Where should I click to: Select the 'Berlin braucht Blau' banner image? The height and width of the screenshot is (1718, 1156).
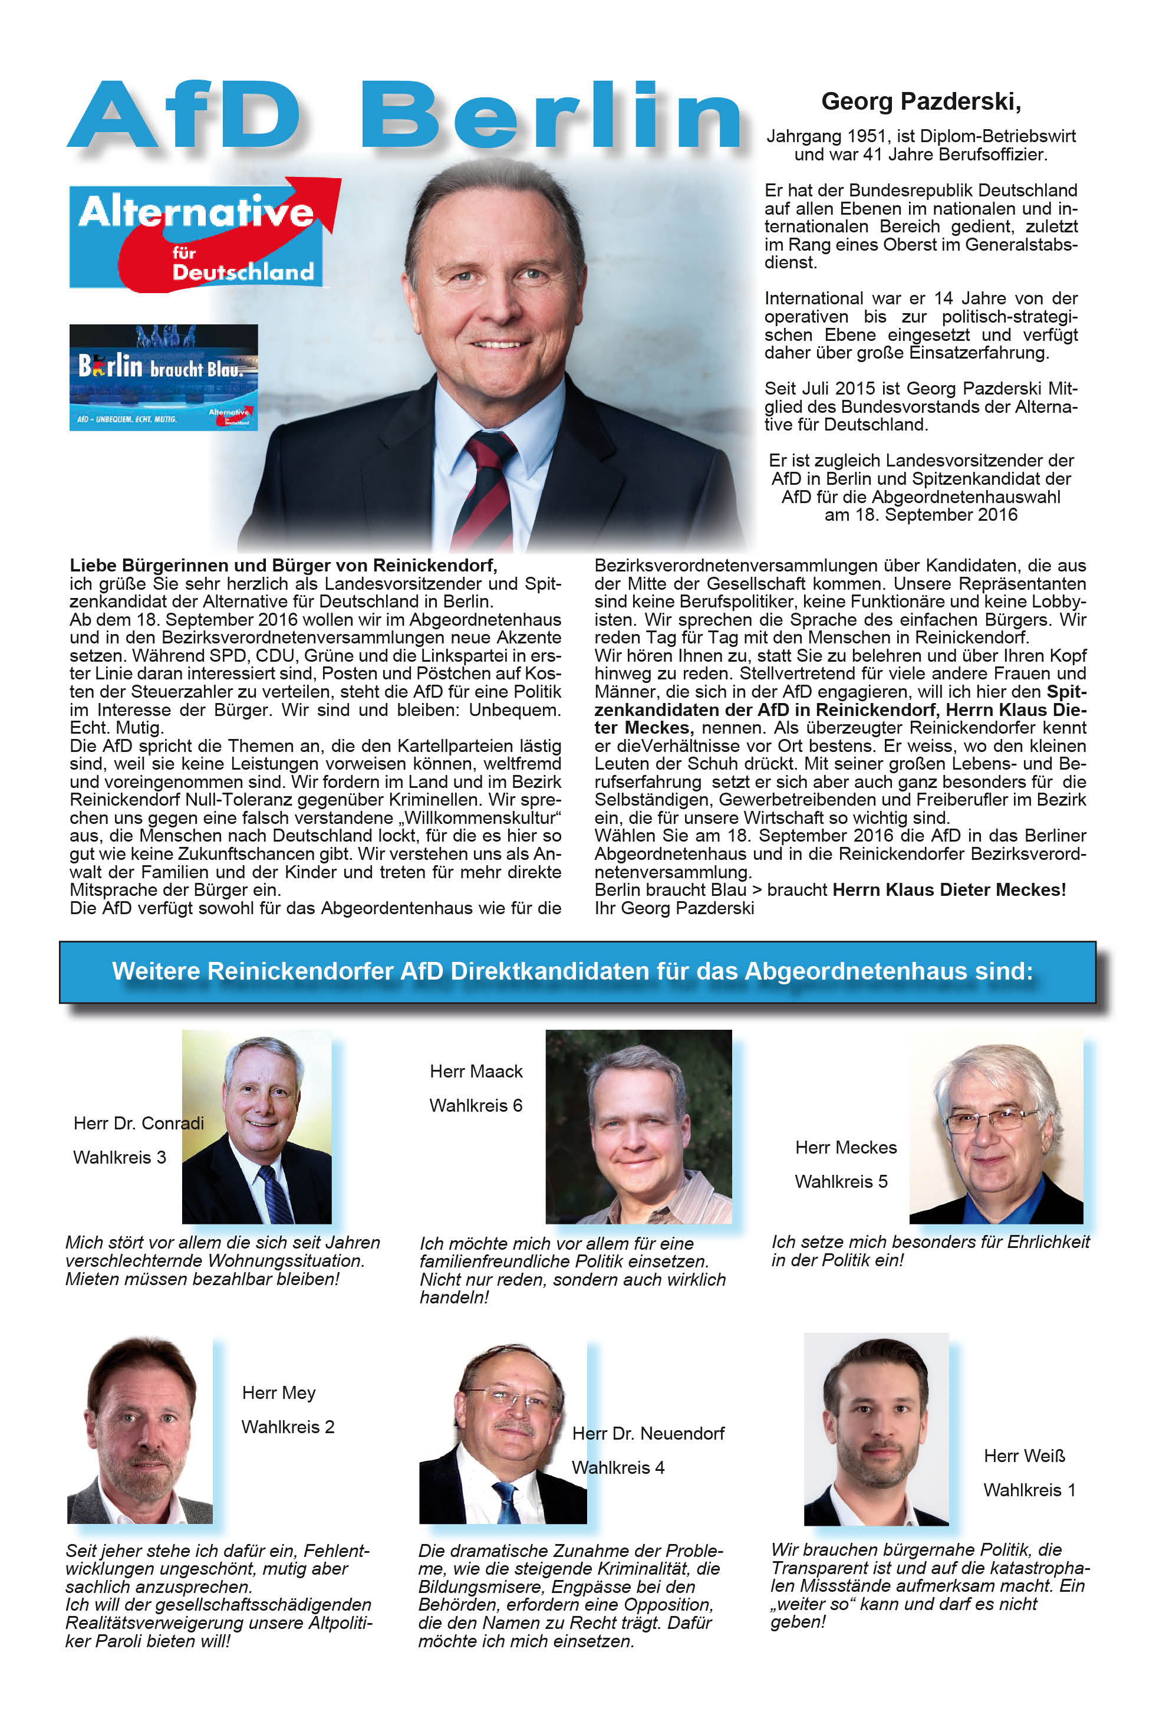[x=164, y=377]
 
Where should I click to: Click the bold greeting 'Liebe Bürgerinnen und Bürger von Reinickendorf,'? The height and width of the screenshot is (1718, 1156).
[x=283, y=566]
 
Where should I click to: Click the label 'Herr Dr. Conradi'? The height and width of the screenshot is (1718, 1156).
[x=139, y=1124]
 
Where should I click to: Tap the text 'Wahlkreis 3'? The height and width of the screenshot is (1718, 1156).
[x=120, y=1157]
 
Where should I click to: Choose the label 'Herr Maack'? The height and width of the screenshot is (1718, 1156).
[x=476, y=1071]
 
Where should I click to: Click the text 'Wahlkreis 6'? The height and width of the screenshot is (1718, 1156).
[x=476, y=1106]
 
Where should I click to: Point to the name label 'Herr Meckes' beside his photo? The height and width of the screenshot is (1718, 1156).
[x=845, y=1148]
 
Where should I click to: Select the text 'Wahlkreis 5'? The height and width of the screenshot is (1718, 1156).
[x=841, y=1182]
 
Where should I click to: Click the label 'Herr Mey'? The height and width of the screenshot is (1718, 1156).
[x=279, y=1392]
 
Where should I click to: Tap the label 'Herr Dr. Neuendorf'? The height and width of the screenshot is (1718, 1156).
[x=648, y=1433]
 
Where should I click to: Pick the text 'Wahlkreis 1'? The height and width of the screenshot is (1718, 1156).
[x=1029, y=1490]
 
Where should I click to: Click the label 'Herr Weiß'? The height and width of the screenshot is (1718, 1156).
[x=1024, y=1456]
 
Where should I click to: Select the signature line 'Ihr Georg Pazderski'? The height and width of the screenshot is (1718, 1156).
[x=674, y=908]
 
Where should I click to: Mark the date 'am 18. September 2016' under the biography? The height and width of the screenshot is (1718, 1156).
[x=921, y=515]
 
